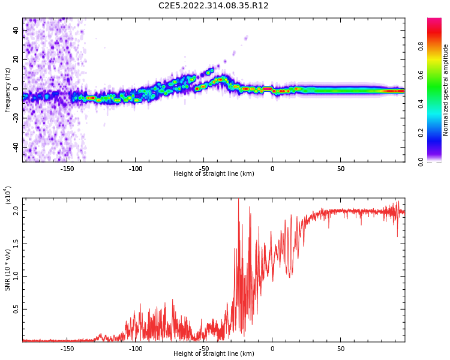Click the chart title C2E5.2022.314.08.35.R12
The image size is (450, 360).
coord(214,6)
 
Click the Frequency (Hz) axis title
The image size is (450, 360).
coord(8,90)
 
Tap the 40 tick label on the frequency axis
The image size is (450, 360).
coord(16,31)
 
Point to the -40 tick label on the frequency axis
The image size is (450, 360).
coord(15,147)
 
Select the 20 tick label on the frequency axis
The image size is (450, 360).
coord(16,60)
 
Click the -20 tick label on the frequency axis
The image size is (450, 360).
coord(15,118)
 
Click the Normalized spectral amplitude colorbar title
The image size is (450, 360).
coord(446,90)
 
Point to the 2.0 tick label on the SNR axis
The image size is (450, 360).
coord(16,211)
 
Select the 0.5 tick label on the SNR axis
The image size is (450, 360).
coord(16,310)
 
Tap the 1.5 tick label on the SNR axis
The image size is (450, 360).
coord(16,244)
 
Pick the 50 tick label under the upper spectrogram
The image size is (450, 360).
coord(341,169)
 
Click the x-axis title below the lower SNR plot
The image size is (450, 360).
coord(214,354)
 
